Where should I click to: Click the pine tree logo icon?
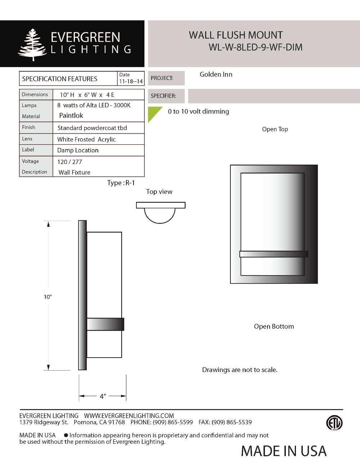tap(32, 45)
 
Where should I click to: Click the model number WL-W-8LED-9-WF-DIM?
tap(255, 47)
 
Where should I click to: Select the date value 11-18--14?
tap(131, 81)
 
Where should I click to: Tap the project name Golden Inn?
tap(216, 75)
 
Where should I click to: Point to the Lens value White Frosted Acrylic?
tap(86, 139)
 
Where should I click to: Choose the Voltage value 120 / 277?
tap(69, 162)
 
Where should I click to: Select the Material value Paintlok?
tap(71, 116)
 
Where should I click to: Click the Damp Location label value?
tap(78, 150)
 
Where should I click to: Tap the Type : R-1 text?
tap(121, 183)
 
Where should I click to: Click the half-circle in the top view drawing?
tap(160, 215)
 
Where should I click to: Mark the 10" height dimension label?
tap(48, 297)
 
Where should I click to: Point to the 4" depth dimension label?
tap(103, 396)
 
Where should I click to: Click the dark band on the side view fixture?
tap(105, 324)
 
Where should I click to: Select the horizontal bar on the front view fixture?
tap(274, 254)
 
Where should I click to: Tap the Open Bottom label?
tap(274, 326)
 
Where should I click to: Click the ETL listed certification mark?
tap(334, 423)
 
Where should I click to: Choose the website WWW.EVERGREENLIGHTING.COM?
tap(129, 416)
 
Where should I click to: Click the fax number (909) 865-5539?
tap(231, 422)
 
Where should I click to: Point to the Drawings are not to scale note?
tap(239, 370)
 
